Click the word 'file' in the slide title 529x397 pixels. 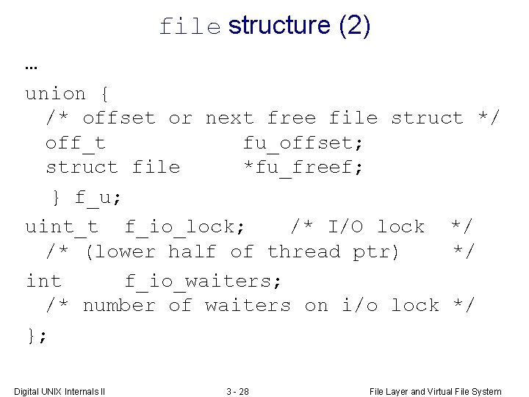(x=190, y=27)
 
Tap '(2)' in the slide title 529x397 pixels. (x=354, y=26)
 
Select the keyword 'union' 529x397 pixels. (x=56, y=93)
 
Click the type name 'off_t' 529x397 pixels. (x=75, y=142)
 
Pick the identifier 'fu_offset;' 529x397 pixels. (x=303, y=142)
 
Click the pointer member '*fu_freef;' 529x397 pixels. (x=303, y=167)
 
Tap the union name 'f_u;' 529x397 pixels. (x=98, y=197)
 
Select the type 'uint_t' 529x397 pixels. (x=62, y=226)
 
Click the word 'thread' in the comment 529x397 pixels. (x=304, y=251)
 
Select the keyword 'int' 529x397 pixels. (x=43, y=280)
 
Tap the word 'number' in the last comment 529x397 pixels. (x=119, y=305)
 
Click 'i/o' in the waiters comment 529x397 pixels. (x=360, y=305)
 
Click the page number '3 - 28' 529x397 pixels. (x=237, y=391)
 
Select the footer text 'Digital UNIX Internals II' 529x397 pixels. (x=60, y=391)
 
